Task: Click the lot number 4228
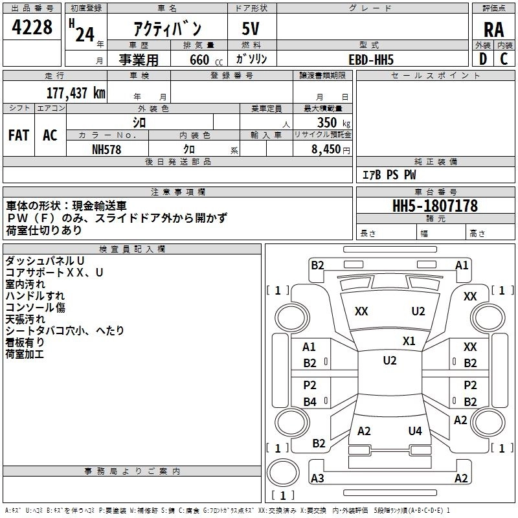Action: tap(32, 27)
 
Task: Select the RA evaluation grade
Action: tap(493, 30)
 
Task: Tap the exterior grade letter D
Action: tap(483, 59)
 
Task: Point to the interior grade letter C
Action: tap(504, 59)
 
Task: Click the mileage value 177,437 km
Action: tap(76, 93)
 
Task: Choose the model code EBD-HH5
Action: tap(371, 60)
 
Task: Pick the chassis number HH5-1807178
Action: tap(434, 206)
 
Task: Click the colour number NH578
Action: tap(106, 150)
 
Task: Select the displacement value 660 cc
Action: tap(206, 60)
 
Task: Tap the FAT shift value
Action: tap(19, 135)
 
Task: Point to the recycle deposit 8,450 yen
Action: tap(330, 150)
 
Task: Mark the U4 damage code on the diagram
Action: tap(415, 431)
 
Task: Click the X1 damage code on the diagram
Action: tap(409, 341)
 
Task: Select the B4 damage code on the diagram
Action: tap(310, 401)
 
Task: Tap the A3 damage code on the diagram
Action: tap(317, 478)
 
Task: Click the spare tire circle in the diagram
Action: tap(283, 473)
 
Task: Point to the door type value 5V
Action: tap(251, 28)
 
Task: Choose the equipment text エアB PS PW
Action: tap(389, 175)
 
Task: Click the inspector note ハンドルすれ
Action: tap(35, 296)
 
